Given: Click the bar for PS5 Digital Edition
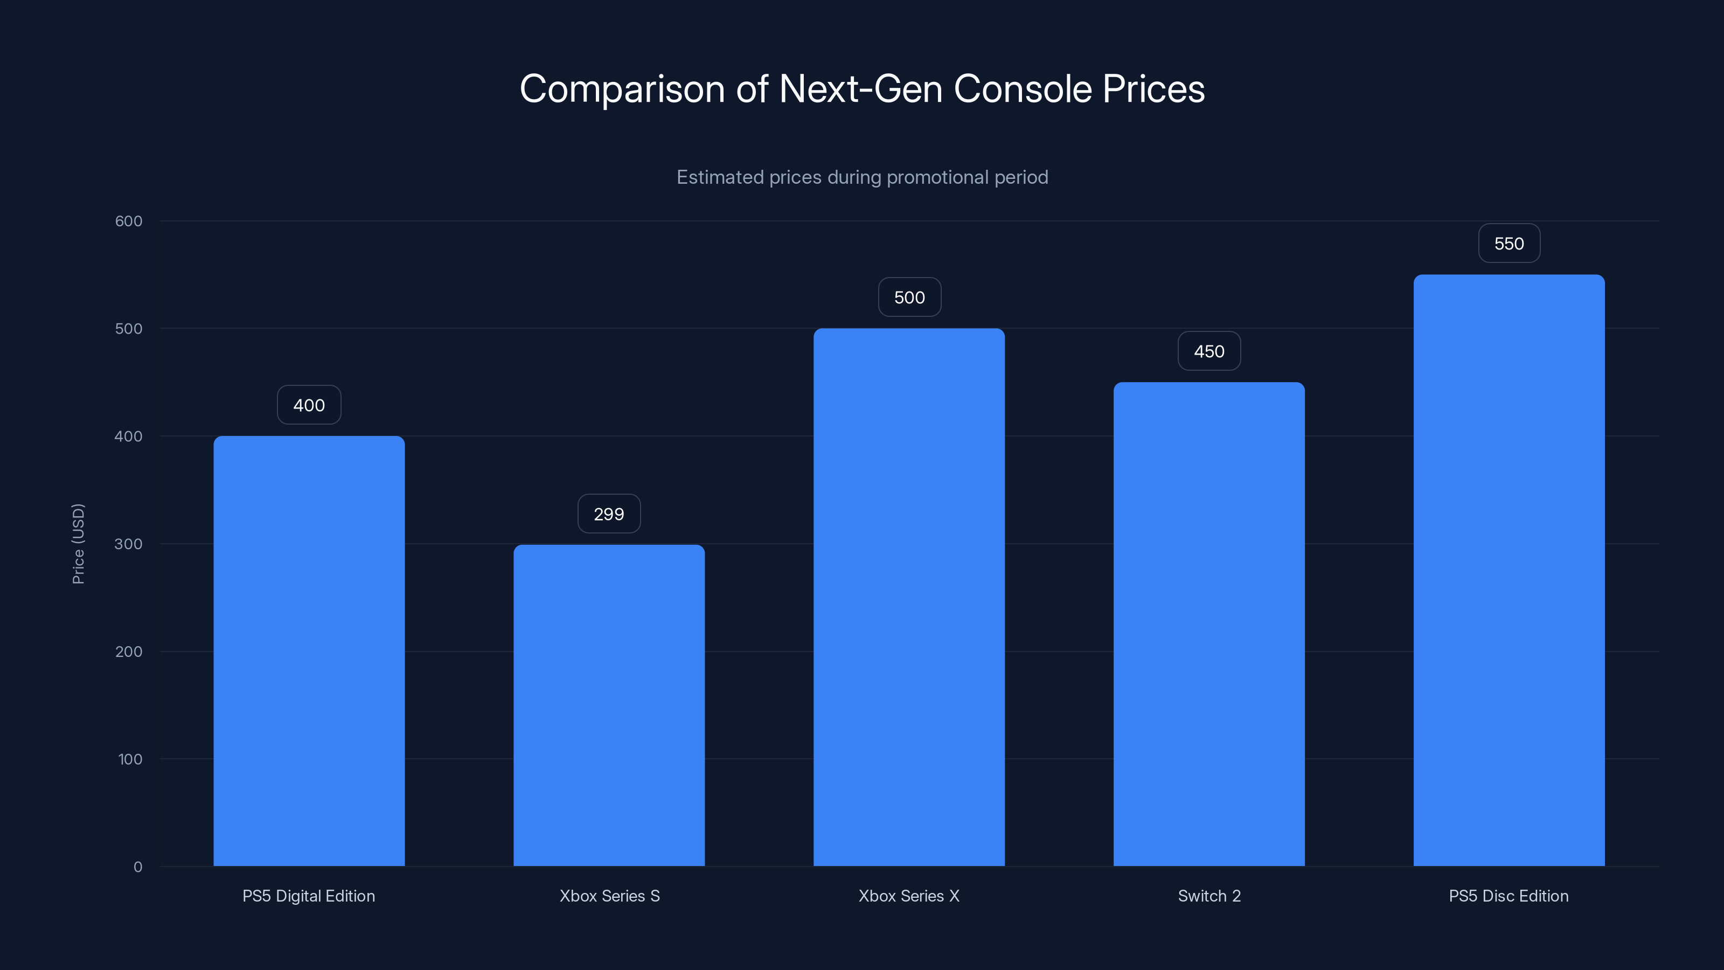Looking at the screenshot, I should click(309, 650).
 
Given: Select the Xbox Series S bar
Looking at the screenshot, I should click(608, 705).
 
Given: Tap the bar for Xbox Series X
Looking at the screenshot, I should click(909, 597).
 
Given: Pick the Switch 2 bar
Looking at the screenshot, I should click(1208, 624).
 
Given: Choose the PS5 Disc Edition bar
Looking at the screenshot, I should click(1508, 570).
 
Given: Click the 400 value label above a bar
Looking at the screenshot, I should click(309, 405).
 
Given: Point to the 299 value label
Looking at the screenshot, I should click(608, 514).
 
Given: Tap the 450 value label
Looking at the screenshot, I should click(1208, 351).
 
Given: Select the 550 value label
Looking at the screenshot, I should click(1508, 244).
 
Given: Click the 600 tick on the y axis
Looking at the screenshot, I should click(129, 221).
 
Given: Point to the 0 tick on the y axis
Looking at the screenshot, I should click(138, 867).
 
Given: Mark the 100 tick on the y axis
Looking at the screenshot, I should click(130, 759).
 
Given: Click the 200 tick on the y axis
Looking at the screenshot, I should click(129, 652).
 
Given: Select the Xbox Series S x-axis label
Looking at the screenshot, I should click(609, 896).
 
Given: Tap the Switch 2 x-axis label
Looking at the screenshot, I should click(1208, 896).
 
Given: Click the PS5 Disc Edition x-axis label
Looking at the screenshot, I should click(1508, 896).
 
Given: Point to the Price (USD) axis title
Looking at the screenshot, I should click(78, 544).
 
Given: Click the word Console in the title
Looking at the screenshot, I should click(1023, 89).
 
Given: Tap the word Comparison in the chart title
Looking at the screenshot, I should click(622, 89).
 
